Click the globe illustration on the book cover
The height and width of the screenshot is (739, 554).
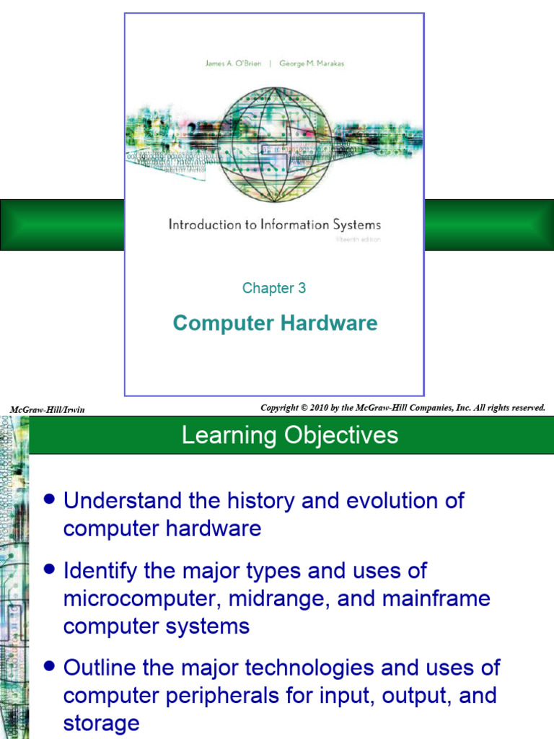click(275, 145)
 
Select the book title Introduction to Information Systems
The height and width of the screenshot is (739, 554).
click(274, 224)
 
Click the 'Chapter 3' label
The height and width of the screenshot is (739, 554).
click(274, 289)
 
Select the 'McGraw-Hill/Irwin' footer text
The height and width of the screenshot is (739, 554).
click(47, 410)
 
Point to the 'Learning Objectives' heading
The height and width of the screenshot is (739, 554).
click(290, 435)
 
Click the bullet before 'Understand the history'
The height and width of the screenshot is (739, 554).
click(49, 499)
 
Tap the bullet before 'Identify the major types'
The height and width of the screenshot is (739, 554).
click(49, 569)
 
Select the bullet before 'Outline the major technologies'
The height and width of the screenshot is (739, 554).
click(49, 666)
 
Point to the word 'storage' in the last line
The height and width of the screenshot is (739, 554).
click(101, 723)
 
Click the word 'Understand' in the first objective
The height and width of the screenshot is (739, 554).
click(120, 501)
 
